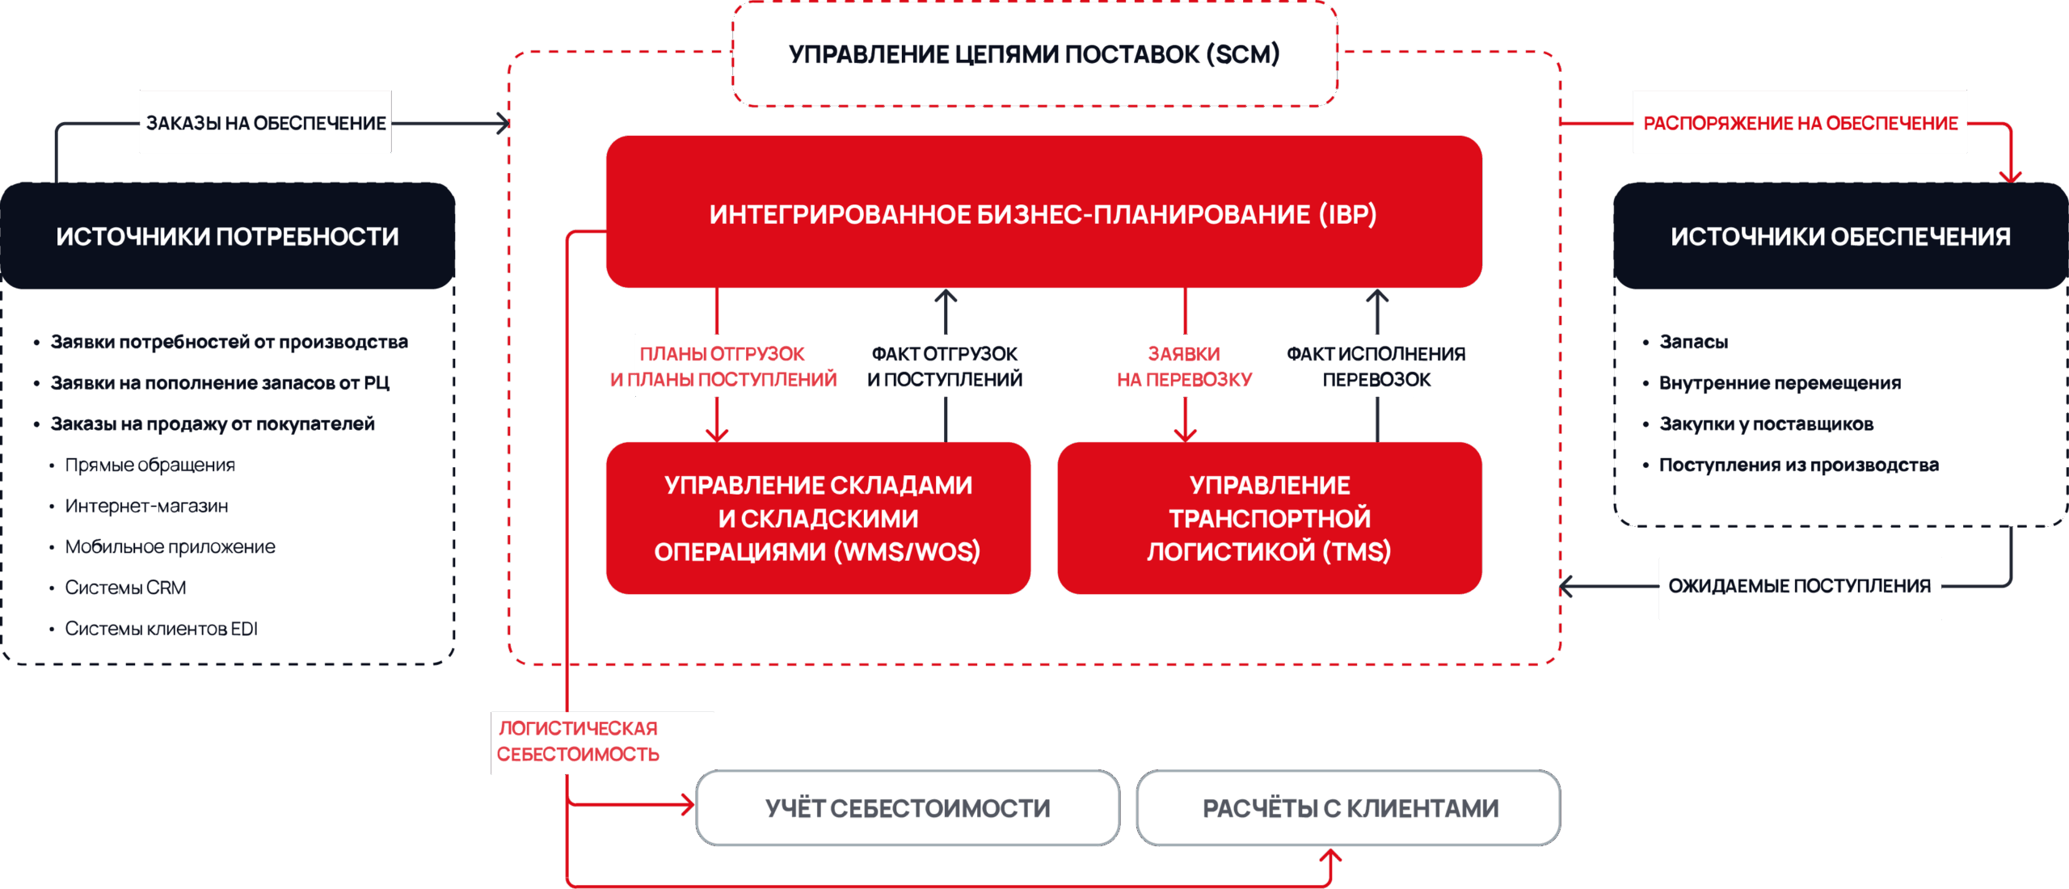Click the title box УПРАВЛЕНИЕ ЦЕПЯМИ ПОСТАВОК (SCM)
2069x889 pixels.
pyautogui.click(x=1034, y=54)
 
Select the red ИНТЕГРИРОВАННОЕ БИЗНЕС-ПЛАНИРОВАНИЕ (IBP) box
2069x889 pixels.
pyautogui.click(x=1043, y=213)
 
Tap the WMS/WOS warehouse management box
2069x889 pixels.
pyautogui.click(x=817, y=518)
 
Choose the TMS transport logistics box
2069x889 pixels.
pyautogui.click(x=1269, y=518)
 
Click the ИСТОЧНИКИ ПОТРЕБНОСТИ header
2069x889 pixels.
pyautogui.click(x=227, y=236)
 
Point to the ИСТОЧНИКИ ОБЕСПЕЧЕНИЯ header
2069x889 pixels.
pyautogui.click(x=1840, y=236)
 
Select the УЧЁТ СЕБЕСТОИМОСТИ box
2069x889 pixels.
pyautogui.click(x=908, y=808)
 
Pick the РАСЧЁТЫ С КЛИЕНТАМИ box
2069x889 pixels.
pyautogui.click(x=1350, y=808)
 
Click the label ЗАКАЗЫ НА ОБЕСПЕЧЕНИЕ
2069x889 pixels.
pyautogui.click(x=265, y=123)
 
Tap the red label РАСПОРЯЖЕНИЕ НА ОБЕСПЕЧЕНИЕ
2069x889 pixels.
pyautogui.click(x=1800, y=123)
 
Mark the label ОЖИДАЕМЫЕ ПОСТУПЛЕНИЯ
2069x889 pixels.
pyautogui.click(x=1799, y=587)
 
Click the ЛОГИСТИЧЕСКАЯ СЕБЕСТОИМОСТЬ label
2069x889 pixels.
pyautogui.click(x=579, y=742)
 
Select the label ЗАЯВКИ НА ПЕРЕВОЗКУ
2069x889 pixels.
pyautogui.click(x=1184, y=366)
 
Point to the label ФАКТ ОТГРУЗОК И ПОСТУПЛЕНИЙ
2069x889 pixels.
pyautogui.click(x=944, y=366)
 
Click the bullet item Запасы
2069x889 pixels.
pyautogui.click(x=1693, y=342)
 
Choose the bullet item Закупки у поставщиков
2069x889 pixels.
pyautogui.click(x=1766, y=424)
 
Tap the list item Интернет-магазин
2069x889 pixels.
pyautogui.click(x=146, y=506)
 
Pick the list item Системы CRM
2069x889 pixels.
pyautogui.click(x=125, y=588)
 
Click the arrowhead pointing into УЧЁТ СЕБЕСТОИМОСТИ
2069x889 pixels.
pyautogui.click(x=689, y=804)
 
